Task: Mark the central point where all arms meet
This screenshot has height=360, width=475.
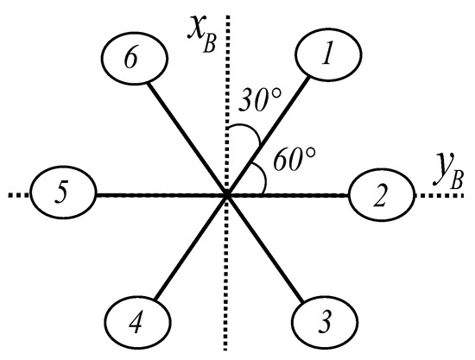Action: click(x=227, y=196)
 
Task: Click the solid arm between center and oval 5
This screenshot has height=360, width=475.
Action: click(x=155, y=196)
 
